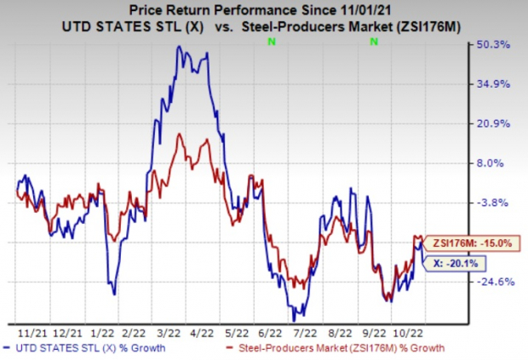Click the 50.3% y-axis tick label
[494, 44]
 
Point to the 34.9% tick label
[494, 83]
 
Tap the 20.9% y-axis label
[494, 123]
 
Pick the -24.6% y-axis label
[494, 282]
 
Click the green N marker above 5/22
[271, 41]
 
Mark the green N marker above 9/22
[374, 41]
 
